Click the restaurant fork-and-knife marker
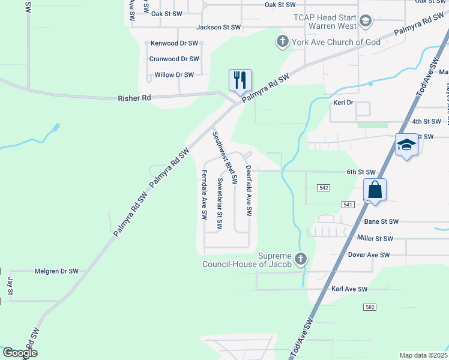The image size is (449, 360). (240, 80)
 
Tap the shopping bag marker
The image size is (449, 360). (375, 190)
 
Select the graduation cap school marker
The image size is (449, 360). (406, 145)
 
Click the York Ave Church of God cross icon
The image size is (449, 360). (282, 42)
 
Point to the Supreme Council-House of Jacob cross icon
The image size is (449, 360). (301, 259)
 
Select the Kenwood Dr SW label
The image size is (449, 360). (174, 43)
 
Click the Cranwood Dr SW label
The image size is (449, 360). (174, 59)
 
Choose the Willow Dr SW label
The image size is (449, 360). (174, 75)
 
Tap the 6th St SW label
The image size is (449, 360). (360, 172)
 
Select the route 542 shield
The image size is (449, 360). (324, 188)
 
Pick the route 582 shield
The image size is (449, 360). (370, 307)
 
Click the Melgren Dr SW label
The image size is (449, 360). (56, 271)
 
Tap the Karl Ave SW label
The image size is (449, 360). (349, 289)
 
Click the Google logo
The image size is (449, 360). (20, 353)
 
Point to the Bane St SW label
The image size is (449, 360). (381, 221)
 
